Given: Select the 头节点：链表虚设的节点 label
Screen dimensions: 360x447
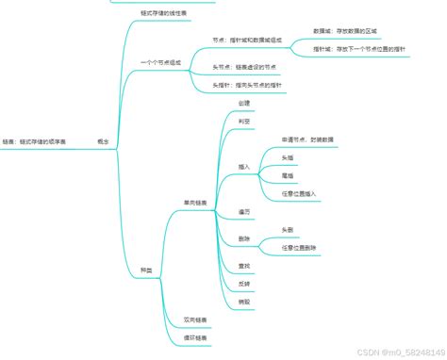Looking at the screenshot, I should [244, 68].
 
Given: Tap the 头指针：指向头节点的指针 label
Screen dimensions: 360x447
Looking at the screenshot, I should [249, 85].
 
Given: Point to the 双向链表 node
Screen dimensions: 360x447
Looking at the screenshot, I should [196, 319].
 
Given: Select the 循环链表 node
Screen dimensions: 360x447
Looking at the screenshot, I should [196, 336].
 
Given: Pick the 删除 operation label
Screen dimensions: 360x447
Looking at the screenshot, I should [243, 238].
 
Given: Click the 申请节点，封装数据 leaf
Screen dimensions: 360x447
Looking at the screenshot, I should [306, 139].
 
